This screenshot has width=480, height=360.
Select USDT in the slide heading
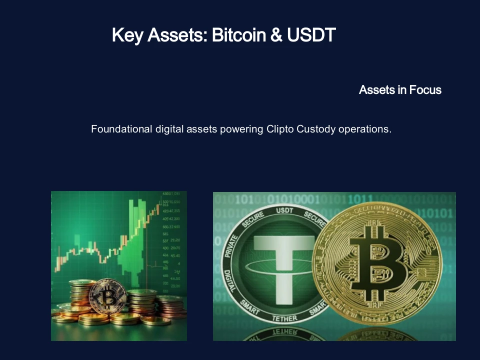point(310,35)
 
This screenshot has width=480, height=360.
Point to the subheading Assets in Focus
point(400,90)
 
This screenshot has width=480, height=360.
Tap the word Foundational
point(120,129)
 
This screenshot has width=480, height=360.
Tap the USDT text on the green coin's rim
point(285,211)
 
